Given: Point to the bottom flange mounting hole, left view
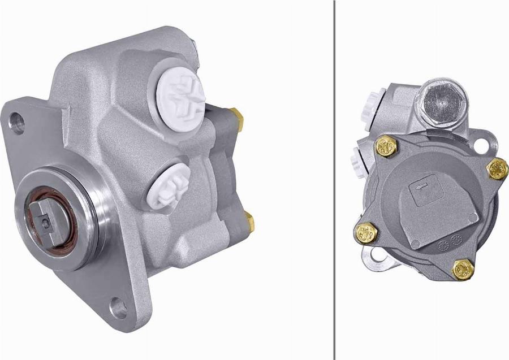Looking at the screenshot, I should pos(118,309).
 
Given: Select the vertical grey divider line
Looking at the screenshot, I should pos(335,180).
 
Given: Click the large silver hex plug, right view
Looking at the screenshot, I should pos(442,103).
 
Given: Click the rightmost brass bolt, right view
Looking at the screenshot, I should pos(497,168).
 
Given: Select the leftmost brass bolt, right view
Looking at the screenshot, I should pos(366,231).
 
